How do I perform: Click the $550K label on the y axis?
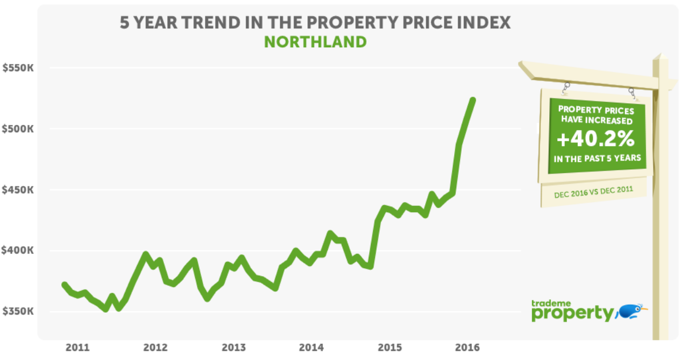18,68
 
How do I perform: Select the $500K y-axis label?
18,129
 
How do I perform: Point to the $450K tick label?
18,190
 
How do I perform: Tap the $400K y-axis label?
18,250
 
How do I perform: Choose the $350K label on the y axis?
18,312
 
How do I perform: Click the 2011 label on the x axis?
77,347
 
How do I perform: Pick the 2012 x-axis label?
155,347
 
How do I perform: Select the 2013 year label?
233,347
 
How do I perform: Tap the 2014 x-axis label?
311,347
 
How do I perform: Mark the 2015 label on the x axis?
389,347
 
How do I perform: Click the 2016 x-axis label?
467,347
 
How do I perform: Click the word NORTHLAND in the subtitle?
315,42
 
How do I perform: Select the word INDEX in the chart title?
481,24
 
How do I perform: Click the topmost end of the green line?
473,100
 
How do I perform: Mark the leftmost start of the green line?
64,285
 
